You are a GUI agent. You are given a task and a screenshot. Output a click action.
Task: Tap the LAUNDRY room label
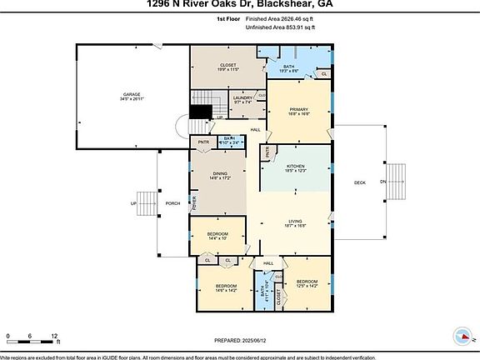243,98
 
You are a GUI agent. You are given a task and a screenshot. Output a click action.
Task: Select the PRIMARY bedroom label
300,110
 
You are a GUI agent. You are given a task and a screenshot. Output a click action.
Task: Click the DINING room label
218,173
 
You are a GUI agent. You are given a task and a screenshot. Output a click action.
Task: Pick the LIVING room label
296,221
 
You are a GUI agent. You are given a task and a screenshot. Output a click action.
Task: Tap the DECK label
360,182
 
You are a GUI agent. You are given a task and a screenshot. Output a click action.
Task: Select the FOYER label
193,202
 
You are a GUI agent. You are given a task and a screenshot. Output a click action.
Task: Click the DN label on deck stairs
382,182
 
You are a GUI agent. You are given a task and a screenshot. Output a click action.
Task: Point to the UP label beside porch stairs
132,203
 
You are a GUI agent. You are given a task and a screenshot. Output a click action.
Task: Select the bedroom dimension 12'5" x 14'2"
307,285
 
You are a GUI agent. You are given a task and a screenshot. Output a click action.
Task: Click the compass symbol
461,336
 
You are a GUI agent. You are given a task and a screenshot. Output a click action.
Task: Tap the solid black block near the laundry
200,112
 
